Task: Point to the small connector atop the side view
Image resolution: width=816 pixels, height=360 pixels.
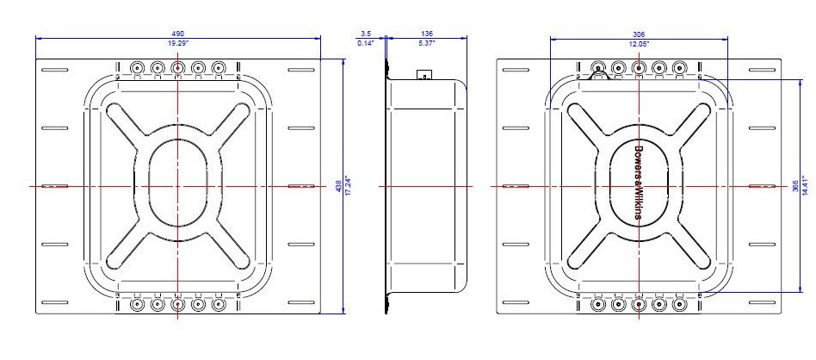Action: [423, 75]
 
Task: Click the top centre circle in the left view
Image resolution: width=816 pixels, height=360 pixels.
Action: [177, 67]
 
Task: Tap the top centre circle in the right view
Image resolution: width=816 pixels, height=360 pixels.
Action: [639, 67]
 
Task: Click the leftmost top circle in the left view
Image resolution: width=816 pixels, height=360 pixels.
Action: [137, 67]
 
